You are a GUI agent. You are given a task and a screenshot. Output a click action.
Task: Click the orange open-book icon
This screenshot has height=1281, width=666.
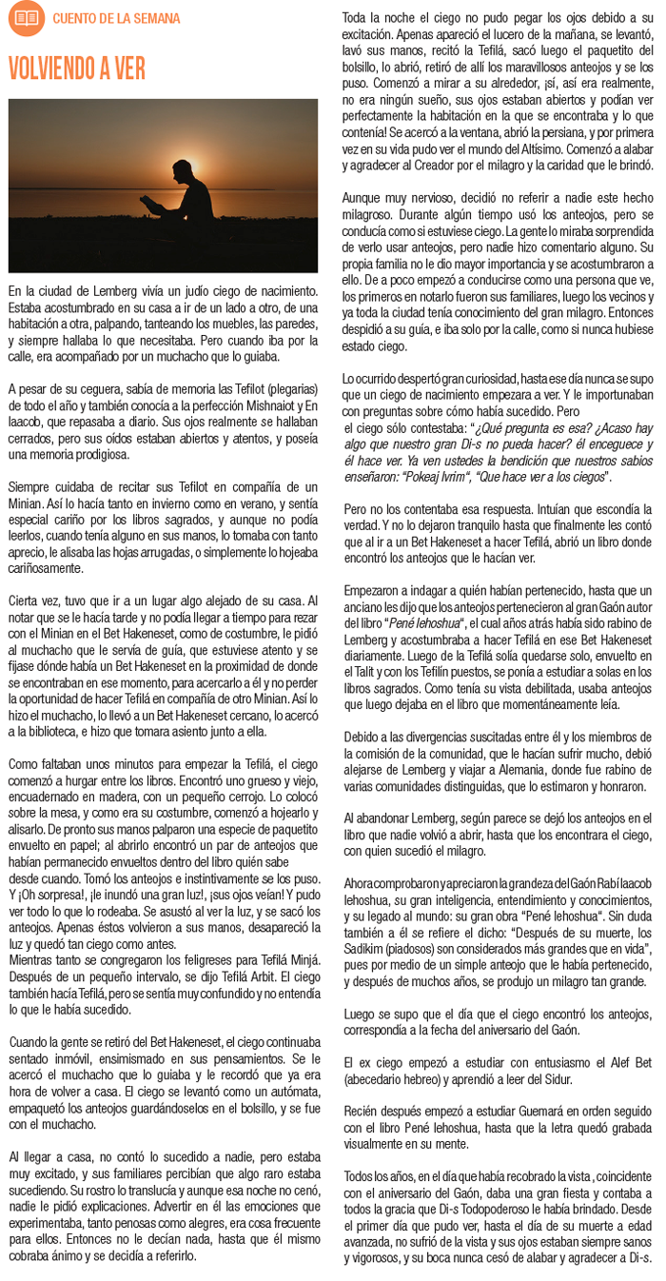pos(26,17)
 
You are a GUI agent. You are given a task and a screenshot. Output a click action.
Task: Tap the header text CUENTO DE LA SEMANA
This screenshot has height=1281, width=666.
pos(115,18)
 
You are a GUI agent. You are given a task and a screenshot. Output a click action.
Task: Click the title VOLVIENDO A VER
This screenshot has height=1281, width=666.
pos(76,69)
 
